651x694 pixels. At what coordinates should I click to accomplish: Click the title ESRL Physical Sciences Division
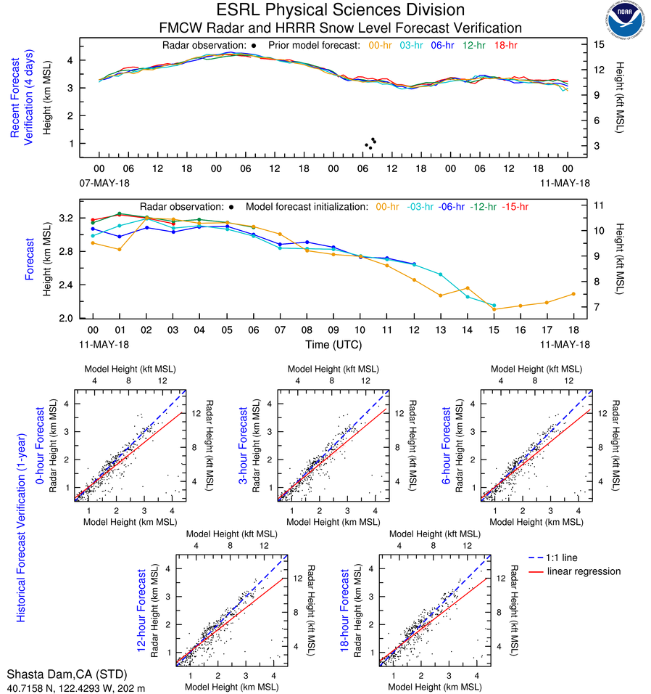tap(340, 10)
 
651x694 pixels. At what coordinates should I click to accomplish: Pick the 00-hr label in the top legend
tap(381, 46)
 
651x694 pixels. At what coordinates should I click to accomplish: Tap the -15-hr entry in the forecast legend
tap(514, 207)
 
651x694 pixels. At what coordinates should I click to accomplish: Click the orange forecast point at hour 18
tap(573, 294)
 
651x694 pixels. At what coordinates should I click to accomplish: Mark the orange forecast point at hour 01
tap(120, 250)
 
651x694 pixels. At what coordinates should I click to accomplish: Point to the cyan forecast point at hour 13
tap(441, 274)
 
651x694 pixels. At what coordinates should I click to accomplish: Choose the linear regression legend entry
tap(584, 571)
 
